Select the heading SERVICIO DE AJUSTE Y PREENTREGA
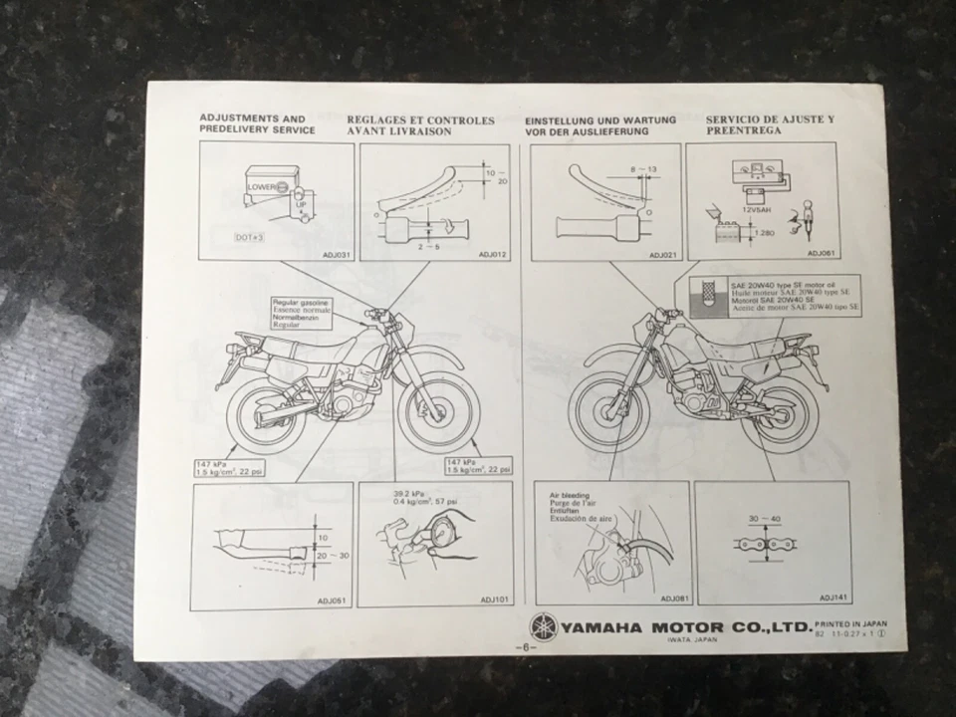coord(770,124)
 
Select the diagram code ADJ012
coord(492,255)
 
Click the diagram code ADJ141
coord(834,597)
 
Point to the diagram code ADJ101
coord(495,599)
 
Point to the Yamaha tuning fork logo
coord(543,627)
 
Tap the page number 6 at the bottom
coord(525,647)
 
